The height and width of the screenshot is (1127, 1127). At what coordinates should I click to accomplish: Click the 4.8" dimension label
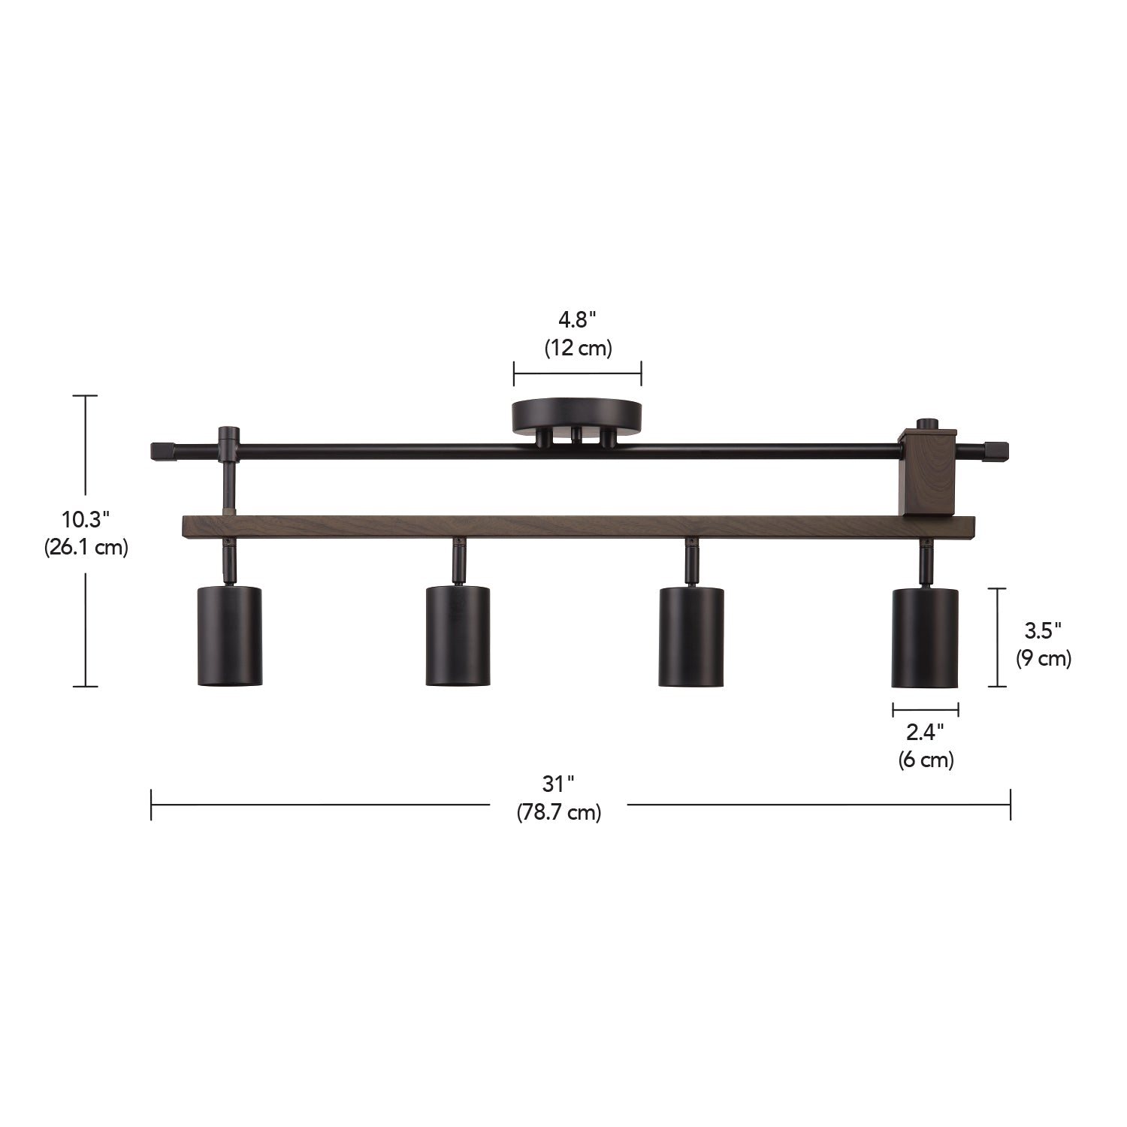(577, 320)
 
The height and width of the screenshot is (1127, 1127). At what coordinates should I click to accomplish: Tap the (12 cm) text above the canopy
(578, 348)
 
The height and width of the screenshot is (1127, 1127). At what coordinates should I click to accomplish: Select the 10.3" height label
(86, 518)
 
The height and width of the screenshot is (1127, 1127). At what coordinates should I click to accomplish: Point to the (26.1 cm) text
(86, 547)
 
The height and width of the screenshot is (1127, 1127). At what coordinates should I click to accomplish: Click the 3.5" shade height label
(1043, 630)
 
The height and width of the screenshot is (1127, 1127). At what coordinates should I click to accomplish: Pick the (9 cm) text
(1044, 658)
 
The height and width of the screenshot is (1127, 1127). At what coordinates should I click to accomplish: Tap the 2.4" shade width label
(926, 731)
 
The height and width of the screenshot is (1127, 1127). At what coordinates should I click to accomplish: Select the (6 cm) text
(926, 760)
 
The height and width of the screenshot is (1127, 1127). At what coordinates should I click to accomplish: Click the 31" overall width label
(558, 784)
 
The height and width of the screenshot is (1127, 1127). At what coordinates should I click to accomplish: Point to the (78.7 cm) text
(558, 812)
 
